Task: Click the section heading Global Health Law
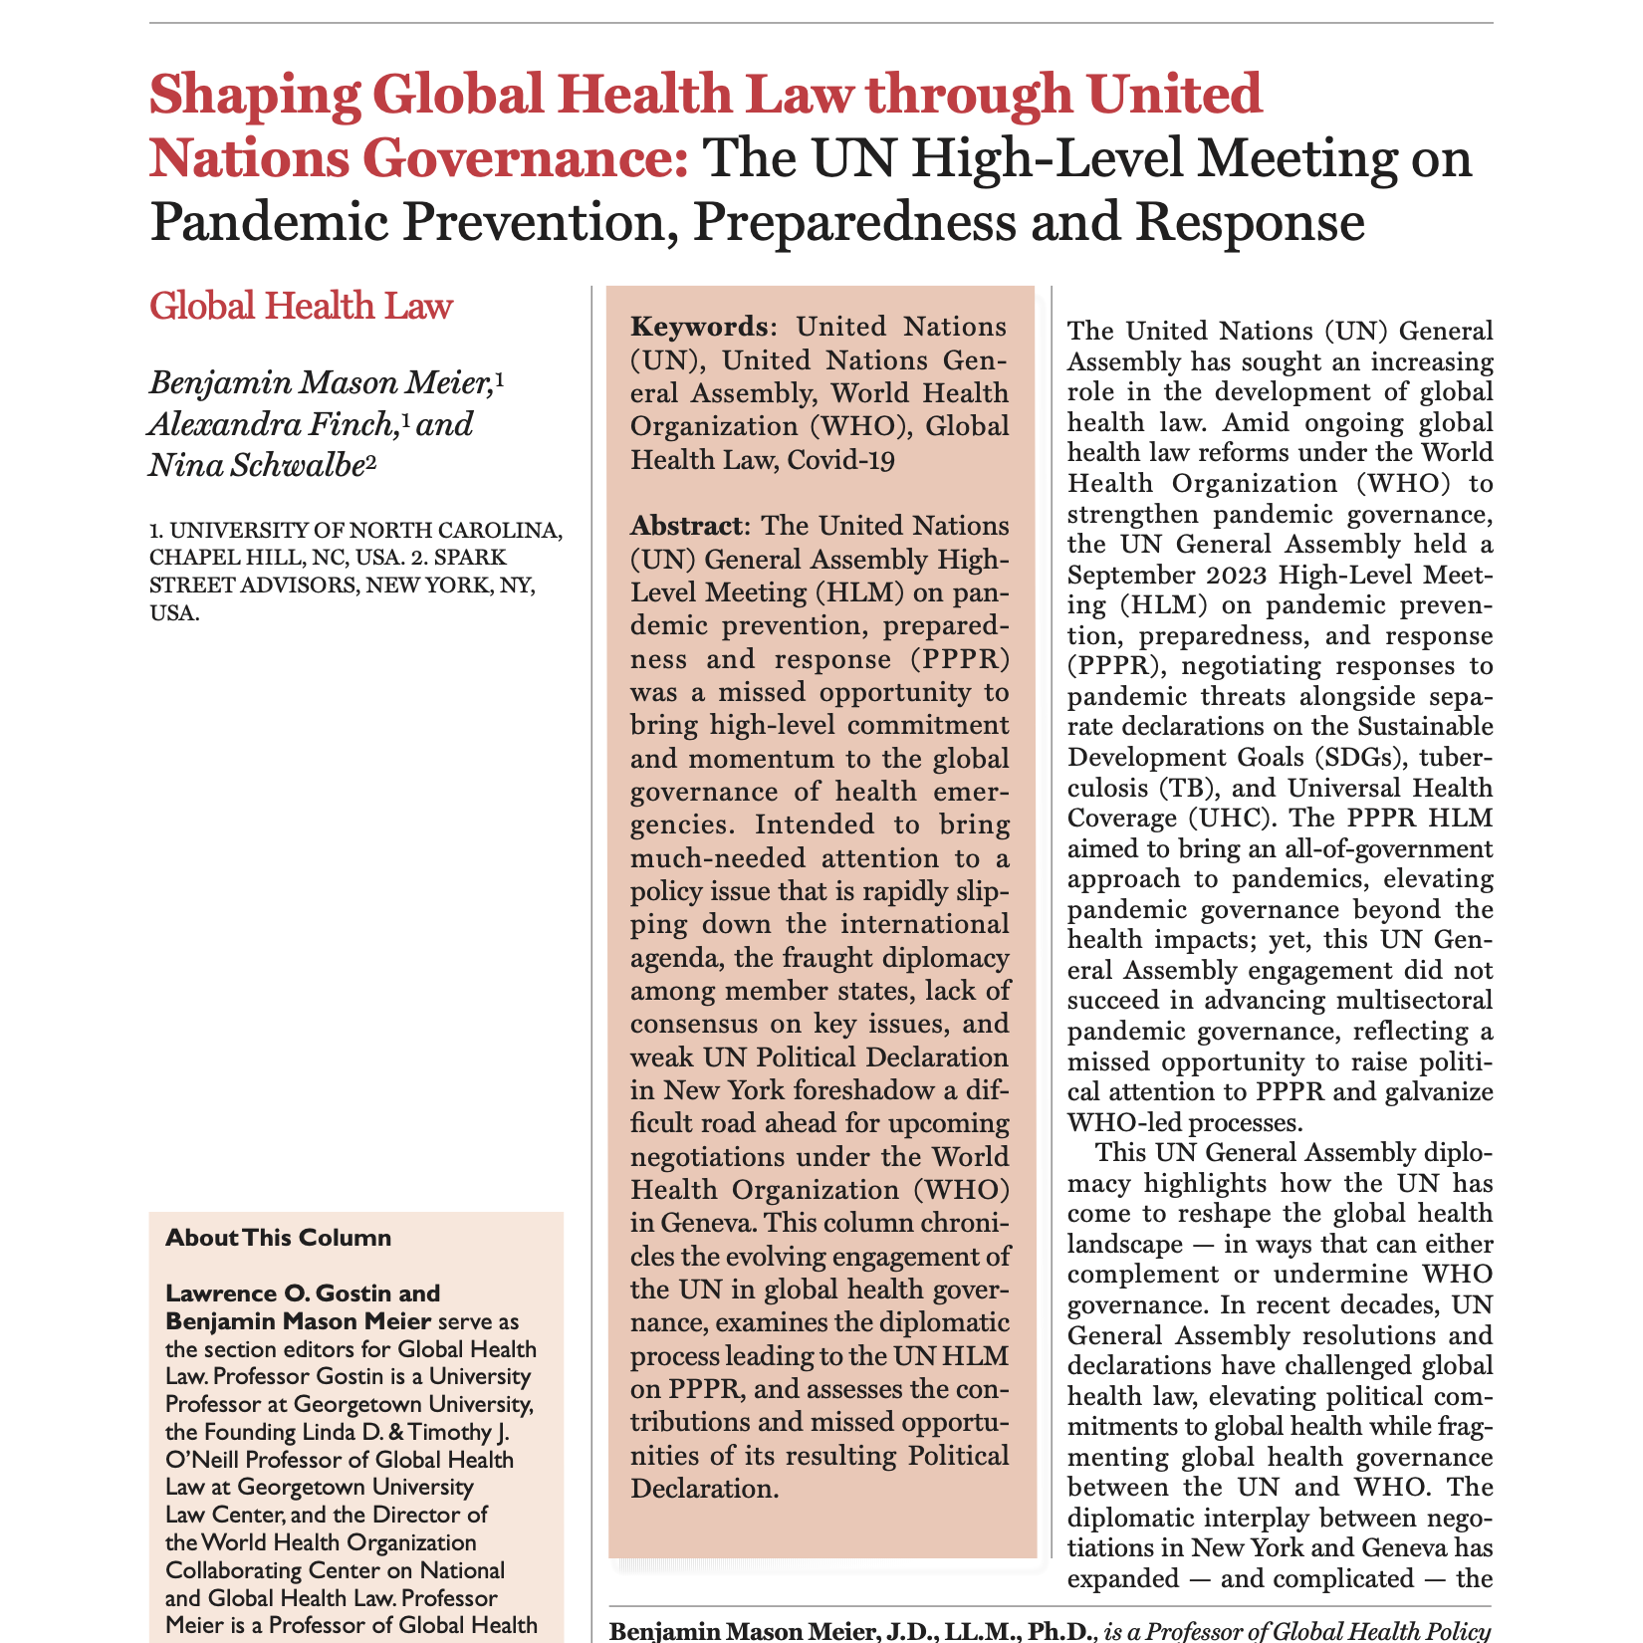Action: [x=300, y=306]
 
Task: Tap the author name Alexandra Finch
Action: [x=268, y=424]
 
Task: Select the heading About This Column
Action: [x=278, y=1238]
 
